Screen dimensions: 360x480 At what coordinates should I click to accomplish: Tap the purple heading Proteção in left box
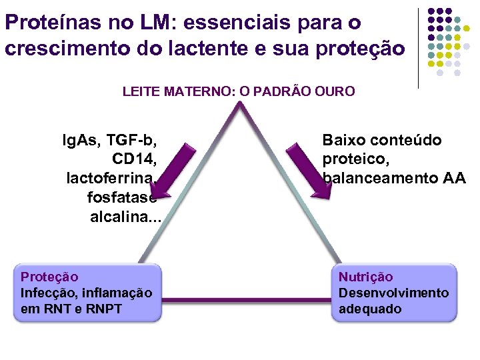[49, 277]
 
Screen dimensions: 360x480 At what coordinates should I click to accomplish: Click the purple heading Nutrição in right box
[365, 277]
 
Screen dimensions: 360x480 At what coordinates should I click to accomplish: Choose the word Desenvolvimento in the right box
[393, 293]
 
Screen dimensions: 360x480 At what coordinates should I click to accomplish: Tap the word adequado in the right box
[370, 309]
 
